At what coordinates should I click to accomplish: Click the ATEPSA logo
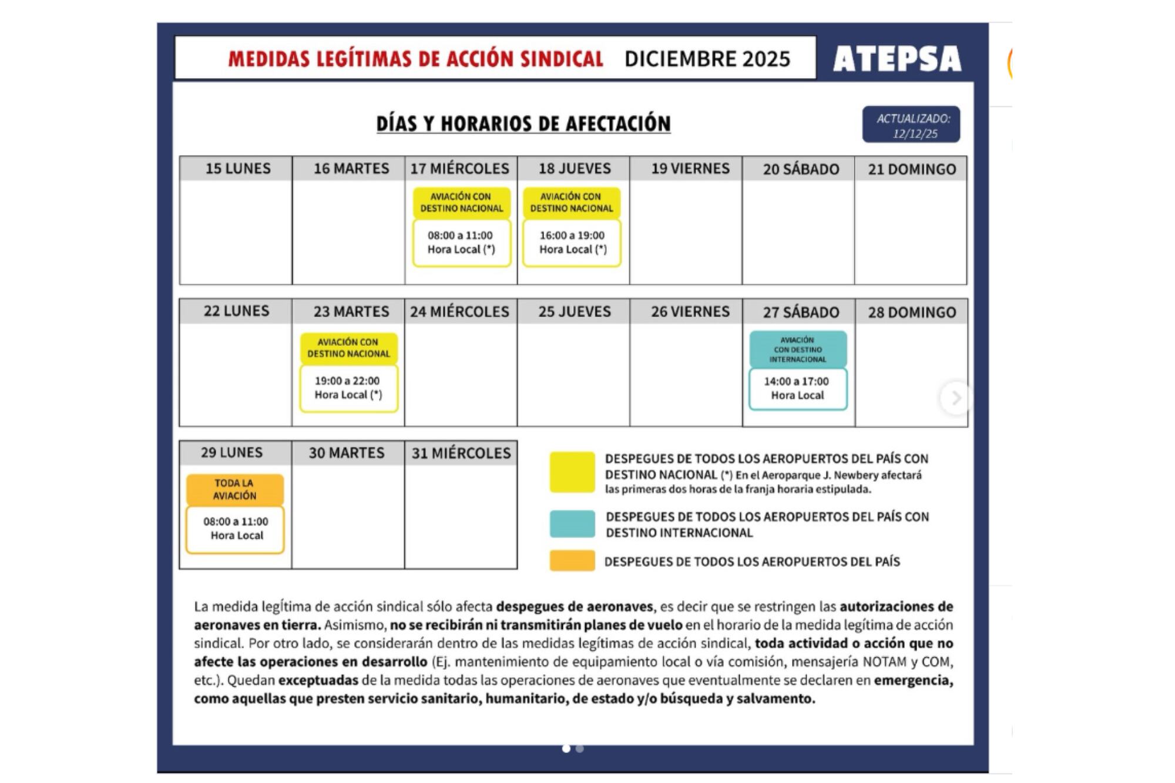pyautogui.click(x=897, y=59)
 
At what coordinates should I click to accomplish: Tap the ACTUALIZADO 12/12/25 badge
pyautogui.click(x=911, y=125)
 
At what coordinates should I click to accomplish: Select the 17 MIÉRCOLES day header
pyautogui.click(x=460, y=169)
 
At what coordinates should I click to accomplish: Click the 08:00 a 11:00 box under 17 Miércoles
pyautogui.click(x=461, y=243)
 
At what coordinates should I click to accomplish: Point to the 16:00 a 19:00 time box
pyautogui.click(x=572, y=243)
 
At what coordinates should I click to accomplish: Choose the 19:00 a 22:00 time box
pyautogui.click(x=348, y=388)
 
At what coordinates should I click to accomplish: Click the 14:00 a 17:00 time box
pyautogui.click(x=797, y=388)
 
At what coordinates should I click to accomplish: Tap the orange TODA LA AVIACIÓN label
pyautogui.click(x=235, y=489)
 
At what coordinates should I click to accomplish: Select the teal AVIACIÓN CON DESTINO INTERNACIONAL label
pyautogui.click(x=798, y=350)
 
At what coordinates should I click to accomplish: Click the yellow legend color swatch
pyautogui.click(x=572, y=472)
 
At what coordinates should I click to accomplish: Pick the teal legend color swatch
pyautogui.click(x=572, y=524)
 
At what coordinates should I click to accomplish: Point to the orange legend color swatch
pyautogui.click(x=572, y=561)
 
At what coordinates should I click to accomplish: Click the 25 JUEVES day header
pyautogui.click(x=575, y=311)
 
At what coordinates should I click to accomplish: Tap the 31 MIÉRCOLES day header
pyautogui.click(x=461, y=453)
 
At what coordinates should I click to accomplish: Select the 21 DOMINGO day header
pyautogui.click(x=912, y=169)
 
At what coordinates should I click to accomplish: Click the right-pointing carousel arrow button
pyautogui.click(x=956, y=398)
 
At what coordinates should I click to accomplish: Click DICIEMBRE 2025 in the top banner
pyautogui.click(x=707, y=59)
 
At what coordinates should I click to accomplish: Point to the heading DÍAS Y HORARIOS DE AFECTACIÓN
pyautogui.click(x=523, y=124)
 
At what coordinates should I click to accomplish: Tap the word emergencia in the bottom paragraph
pyautogui.click(x=913, y=680)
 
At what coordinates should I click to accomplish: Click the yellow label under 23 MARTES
pyautogui.click(x=348, y=348)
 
